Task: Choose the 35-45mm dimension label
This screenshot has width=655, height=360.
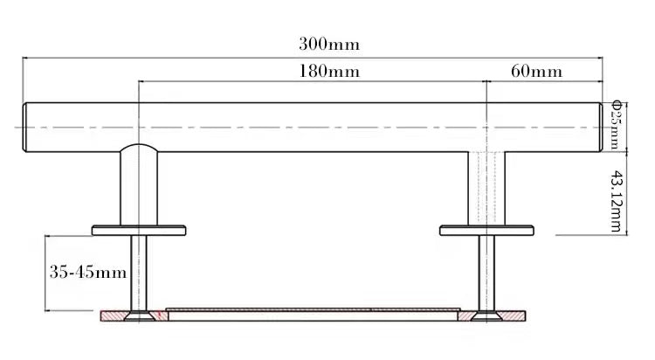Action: click(86, 272)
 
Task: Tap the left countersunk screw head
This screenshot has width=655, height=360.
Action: click(138, 316)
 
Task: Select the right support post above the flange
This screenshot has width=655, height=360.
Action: click(486, 188)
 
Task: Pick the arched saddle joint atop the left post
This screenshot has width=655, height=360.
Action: click(139, 149)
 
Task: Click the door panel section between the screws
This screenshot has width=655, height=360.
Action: click(311, 313)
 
